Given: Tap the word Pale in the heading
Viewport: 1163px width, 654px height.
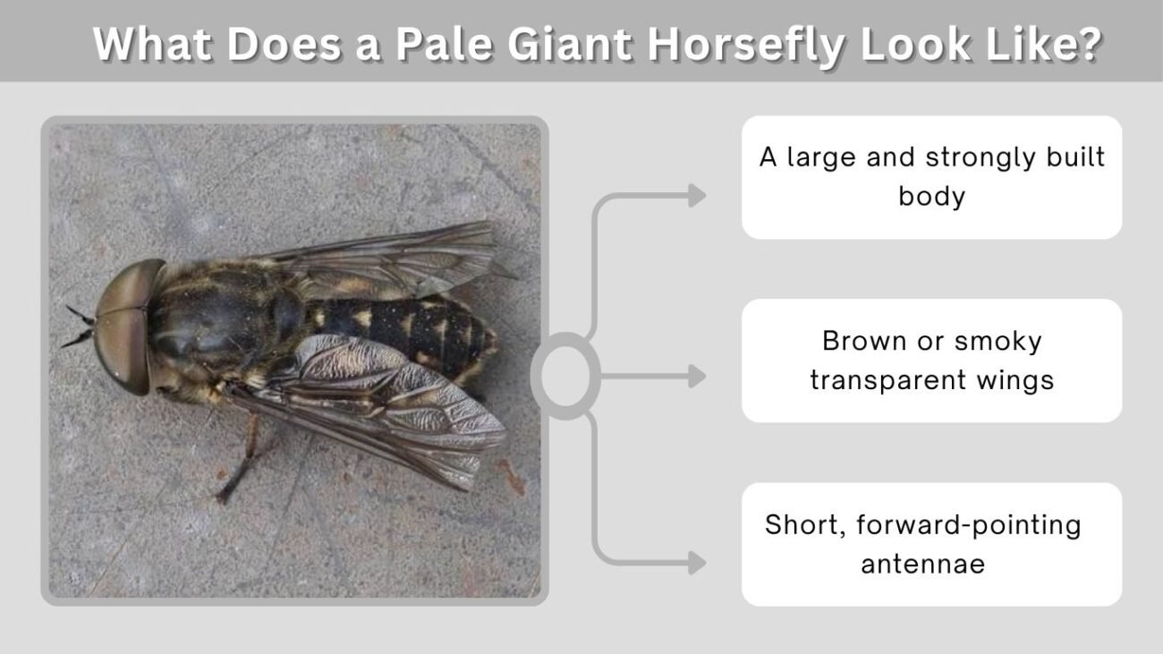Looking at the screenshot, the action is [x=444, y=44].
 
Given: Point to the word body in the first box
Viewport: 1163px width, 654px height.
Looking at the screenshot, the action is [x=932, y=197].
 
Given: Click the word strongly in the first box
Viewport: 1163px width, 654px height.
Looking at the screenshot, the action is [x=978, y=157].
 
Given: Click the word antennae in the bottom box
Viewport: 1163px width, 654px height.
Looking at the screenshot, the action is [x=923, y=565].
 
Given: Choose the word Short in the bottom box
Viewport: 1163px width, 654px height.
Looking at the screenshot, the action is [x=806, y=525].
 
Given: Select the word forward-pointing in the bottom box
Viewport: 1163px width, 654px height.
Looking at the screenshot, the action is [x=969, y=525].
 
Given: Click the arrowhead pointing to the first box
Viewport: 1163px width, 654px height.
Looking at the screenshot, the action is [x=697, y=196].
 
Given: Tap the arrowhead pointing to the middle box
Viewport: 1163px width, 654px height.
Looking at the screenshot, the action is [x=697, y=376].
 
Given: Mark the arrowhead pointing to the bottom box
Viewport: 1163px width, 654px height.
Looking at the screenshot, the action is [x=697, y=563].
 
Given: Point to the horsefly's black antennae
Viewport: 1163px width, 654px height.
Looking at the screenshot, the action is [x=78, y=327].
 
